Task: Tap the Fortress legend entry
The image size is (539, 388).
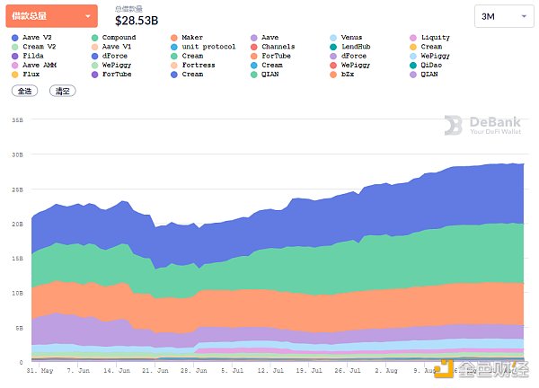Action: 198,65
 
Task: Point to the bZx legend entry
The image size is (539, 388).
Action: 346,74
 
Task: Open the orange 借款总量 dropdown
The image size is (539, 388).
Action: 52,16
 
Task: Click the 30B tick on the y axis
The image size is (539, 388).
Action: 16,154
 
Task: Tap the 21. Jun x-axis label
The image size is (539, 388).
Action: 155,369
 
